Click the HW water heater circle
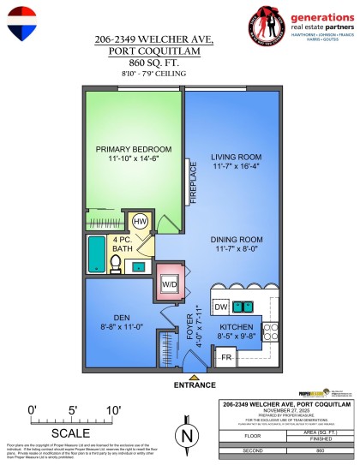tap(141, 221)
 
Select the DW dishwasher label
tap(219, 307)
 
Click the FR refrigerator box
tap(227, 357)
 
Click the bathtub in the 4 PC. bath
tap(96, 254)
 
